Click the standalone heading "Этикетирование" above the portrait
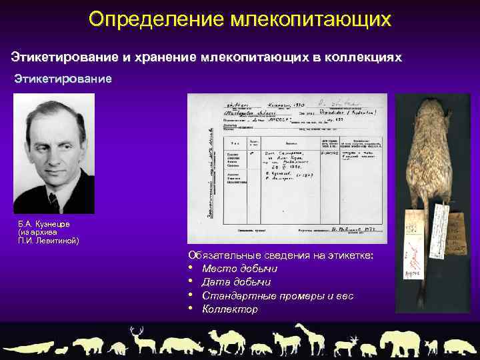click(63, 79)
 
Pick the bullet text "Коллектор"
click(229, 309)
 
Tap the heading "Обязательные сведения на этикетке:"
click(281, 255)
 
